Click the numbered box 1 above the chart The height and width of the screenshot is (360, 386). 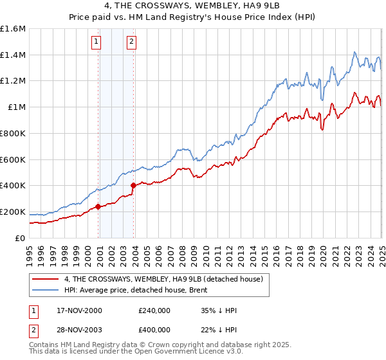[x=96, y=42]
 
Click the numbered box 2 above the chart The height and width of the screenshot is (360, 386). [x=131, y=42]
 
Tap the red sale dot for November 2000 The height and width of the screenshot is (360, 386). [x=98, y=206]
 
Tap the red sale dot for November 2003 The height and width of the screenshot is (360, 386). [x=134, y=185]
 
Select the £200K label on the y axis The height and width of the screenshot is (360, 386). [x=13, y=212]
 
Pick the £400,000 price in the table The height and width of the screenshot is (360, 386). [x=154, y=329]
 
